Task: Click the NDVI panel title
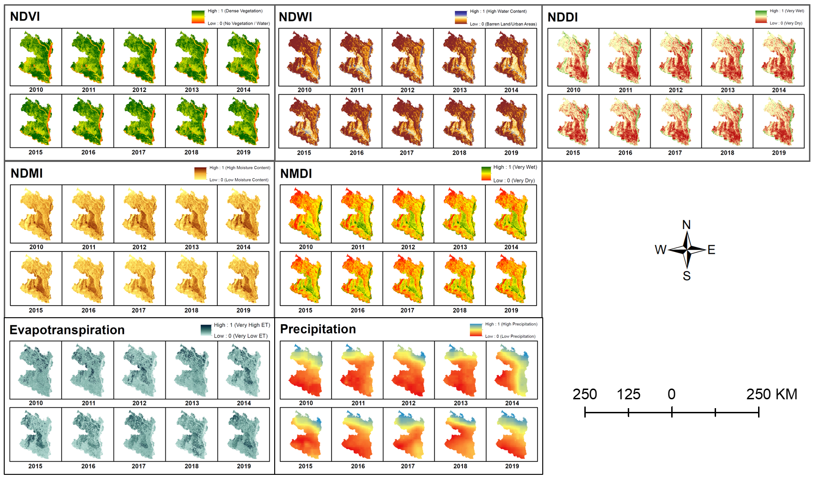[25, 16]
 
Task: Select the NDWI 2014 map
[511, 57]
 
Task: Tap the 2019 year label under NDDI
[779, 153]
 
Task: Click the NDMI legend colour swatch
[200, 174]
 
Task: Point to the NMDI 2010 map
[305, 214]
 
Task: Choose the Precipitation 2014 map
[512, 370]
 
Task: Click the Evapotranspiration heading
[67, 330]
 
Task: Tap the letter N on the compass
[686, 225]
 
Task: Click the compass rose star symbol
[687, 250]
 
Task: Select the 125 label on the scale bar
[628, 395]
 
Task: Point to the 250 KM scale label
[771, 395]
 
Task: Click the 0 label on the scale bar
[671, 395]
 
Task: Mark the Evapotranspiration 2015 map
[35, 434]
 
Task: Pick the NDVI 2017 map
[139, 121]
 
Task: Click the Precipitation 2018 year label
[460, 466]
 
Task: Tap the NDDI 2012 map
[676, 57]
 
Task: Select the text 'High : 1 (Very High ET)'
[242, 325]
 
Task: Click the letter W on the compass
[660, 250]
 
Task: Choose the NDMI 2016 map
[88, 278]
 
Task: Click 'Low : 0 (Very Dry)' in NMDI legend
[514, 181]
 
